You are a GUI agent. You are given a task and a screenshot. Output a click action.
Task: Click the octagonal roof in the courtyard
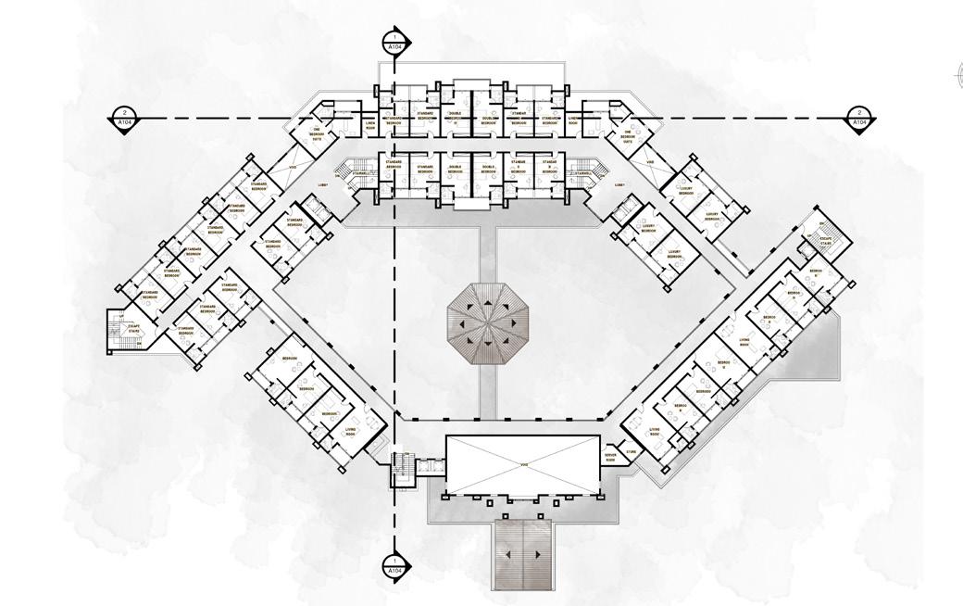(x=481, y=324)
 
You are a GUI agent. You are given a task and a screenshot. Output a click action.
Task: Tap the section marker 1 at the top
(x=395, y=42)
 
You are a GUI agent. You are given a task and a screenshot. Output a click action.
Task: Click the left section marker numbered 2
(x=124, y=118)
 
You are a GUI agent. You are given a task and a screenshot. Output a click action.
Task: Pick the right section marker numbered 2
(x=859, y=118)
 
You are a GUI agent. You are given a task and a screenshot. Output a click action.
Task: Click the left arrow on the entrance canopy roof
(x=507, y=554)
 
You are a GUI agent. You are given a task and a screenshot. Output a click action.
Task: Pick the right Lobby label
(x=620, y=184)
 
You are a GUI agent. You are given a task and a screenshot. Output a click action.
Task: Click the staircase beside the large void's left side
(x=401, y=469)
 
